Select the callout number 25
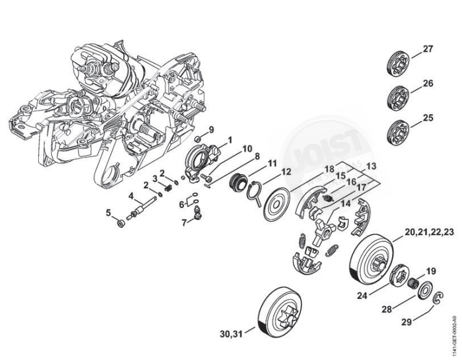428,117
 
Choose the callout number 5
108,213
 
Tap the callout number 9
211,129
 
